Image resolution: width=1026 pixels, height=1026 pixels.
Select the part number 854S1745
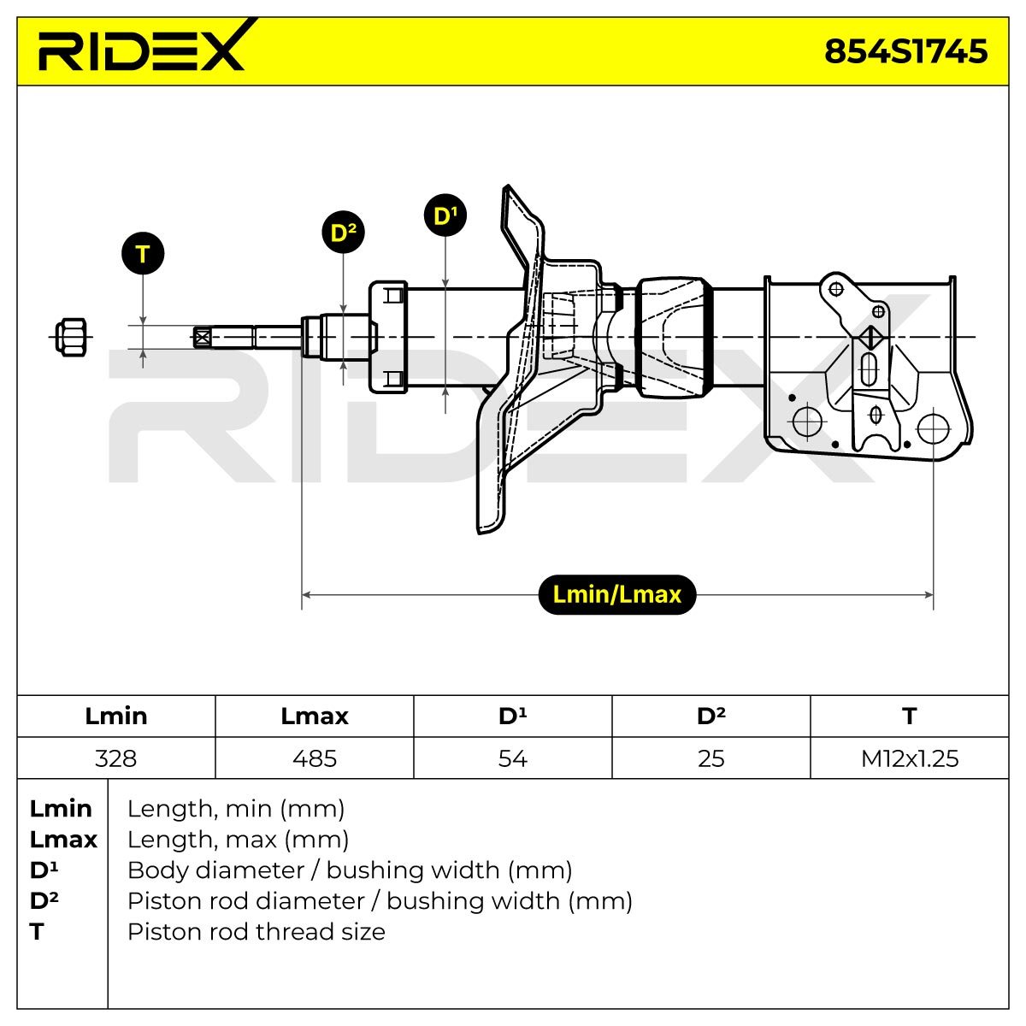pyautogui.click(x=905, y=51)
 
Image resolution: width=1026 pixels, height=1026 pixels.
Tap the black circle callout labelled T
pyautogui.click(x=143, y=253)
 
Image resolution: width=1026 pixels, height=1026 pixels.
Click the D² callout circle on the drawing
pyautogui.click(x=344, y=233)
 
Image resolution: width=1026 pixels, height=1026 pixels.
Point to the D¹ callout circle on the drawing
pyautogui.click(x=445, y=215)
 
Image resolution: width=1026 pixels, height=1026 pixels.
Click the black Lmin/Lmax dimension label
pyautogui.click(x=617, y=595)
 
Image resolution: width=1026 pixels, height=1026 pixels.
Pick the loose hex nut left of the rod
pyautogui.click(x=71, y=337)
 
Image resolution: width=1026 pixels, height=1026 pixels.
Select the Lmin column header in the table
pyautogui.click(x=116, y=716)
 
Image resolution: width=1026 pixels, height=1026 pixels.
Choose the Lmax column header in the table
pyautogui.click(x=314, y=716)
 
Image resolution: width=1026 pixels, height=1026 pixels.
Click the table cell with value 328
pyautogui.click(x=116, y=758)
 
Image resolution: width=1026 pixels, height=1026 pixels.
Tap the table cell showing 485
pyautogui.click(x=314, y=758)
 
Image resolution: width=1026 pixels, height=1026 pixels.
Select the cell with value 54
pyautogui.click(x=513, y=758)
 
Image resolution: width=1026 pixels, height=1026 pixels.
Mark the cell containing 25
pyautogui.click(x=711, y=758)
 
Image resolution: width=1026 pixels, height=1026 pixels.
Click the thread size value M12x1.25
pyautogui.click(x=910, y=758)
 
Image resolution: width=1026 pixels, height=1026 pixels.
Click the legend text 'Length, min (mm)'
pyautogui.click(x=236, y=809)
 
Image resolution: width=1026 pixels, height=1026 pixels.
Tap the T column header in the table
pyautogui.click(x=910, y=716)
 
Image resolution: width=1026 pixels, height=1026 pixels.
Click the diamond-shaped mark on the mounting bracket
pyautogui.click(x=870, y=337)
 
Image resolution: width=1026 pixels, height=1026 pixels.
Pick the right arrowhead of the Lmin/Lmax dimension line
pyautogui.click(x=929, y=595)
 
